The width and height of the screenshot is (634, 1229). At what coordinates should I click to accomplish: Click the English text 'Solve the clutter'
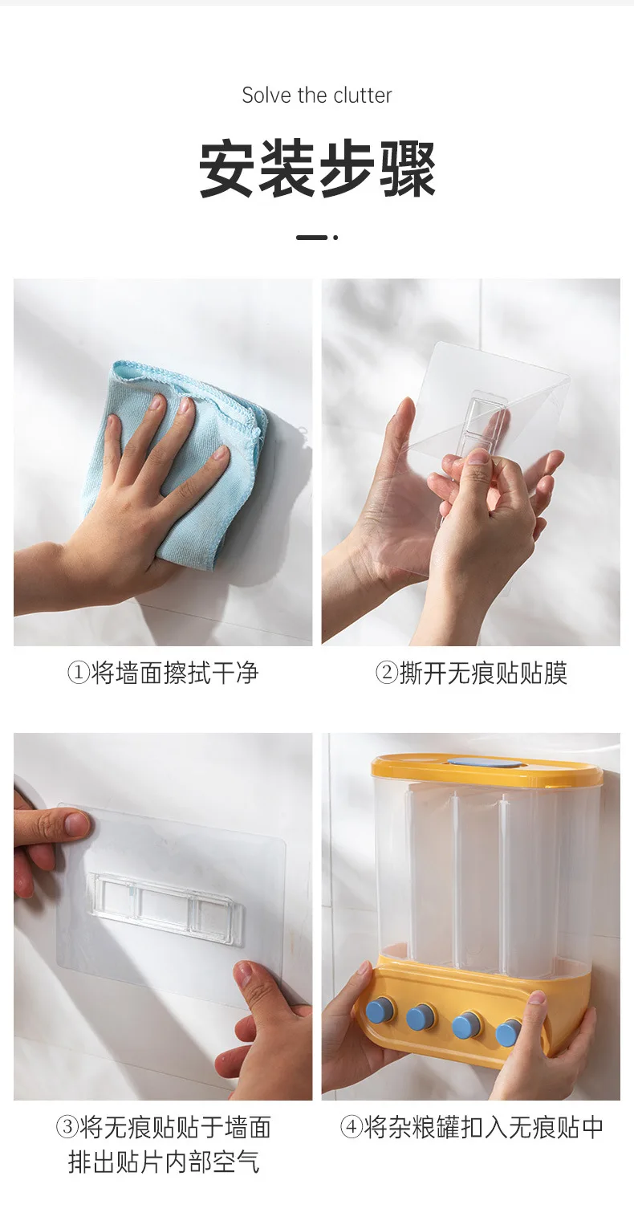pos(317,96)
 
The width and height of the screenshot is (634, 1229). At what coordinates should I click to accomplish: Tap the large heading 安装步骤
pos(317,169)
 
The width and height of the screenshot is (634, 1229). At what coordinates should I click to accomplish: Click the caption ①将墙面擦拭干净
pos(162,674)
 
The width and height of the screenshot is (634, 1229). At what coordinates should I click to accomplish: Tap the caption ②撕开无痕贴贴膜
pos(470,674)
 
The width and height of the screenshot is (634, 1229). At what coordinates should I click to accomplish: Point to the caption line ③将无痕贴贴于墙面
pos(164,1128)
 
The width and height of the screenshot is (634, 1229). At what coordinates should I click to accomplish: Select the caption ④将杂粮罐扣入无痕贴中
pos(471,1128)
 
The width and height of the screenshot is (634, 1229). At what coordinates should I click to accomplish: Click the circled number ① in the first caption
pos(78,674)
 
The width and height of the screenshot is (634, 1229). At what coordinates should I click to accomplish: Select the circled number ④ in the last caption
pos(351,1128)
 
